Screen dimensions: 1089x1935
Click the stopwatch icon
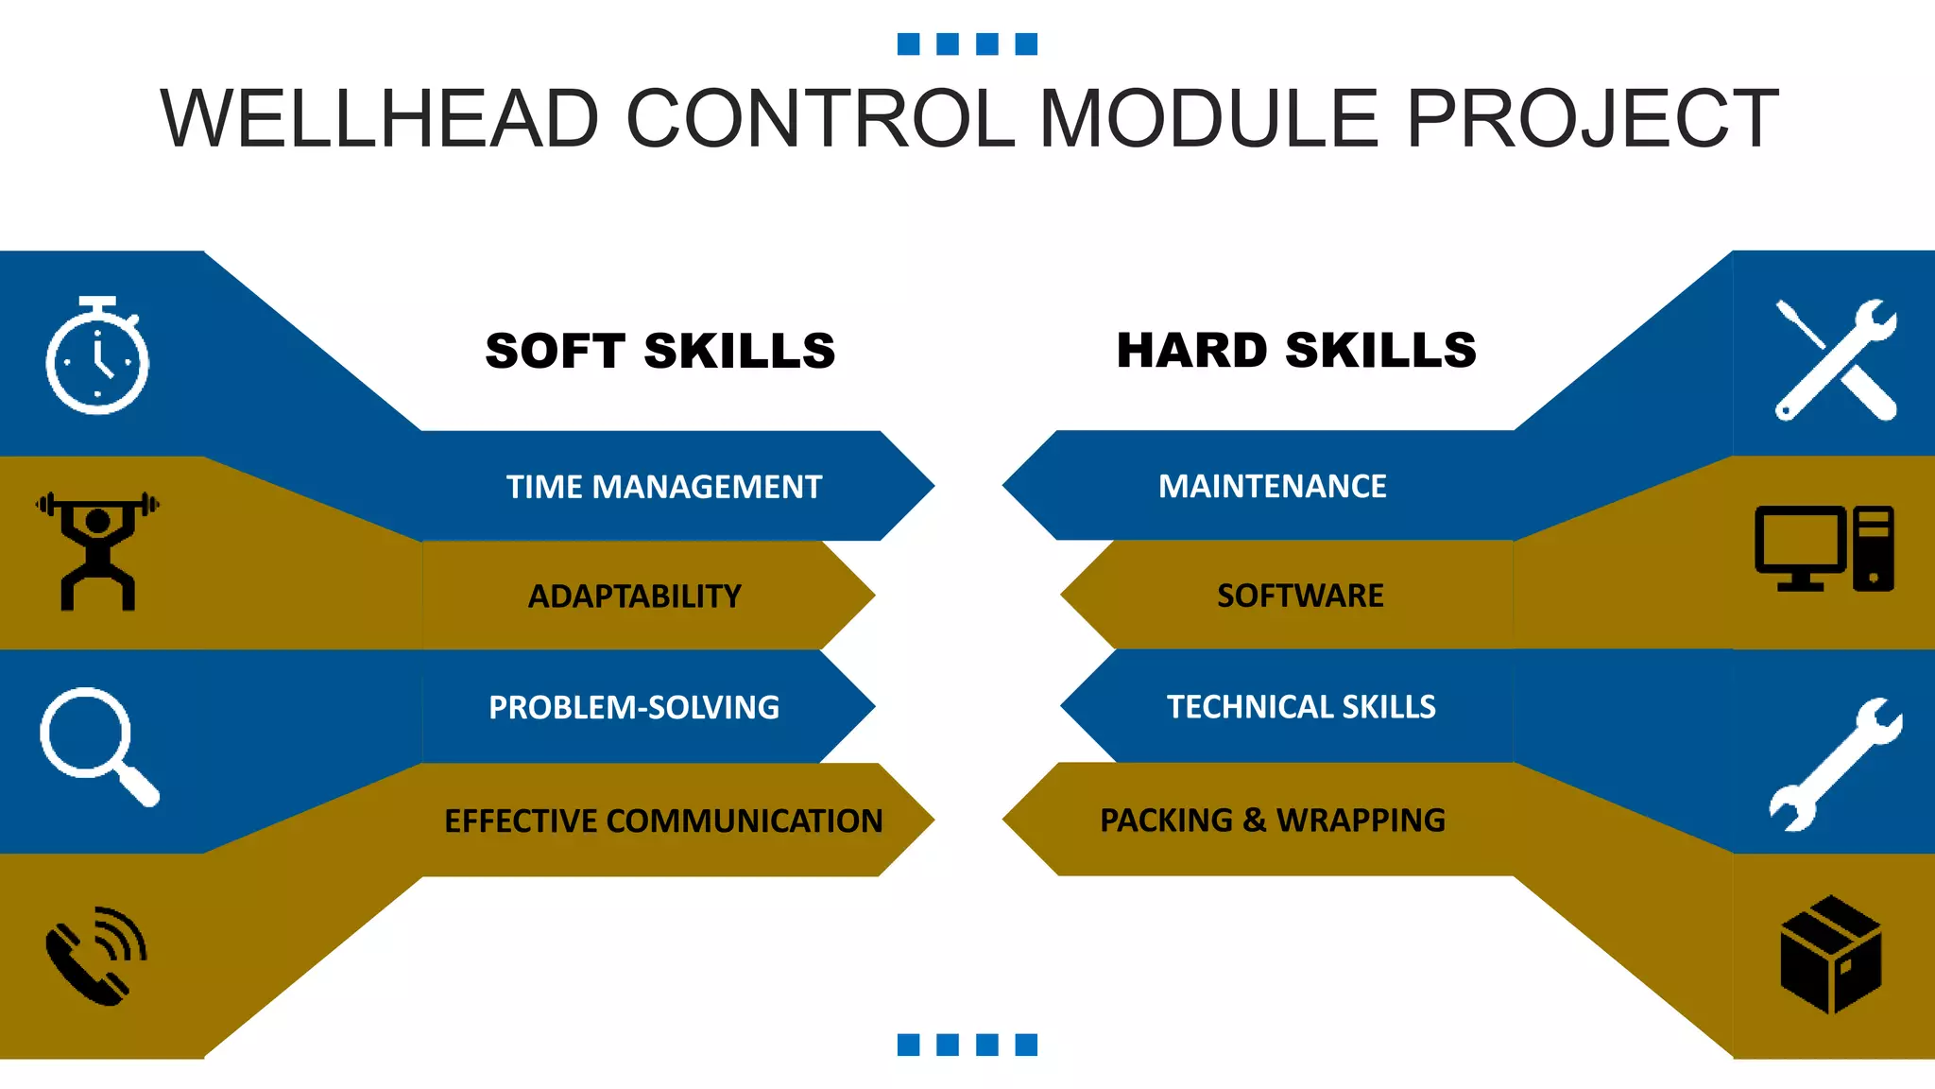[x=97, y=356]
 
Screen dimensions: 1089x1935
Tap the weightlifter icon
[x=97, y=550]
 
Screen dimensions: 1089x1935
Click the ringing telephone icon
[x=96, y=955]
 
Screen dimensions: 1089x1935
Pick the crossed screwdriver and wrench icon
[x=1835, y=359]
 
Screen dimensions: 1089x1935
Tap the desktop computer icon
[x=1824, y=548]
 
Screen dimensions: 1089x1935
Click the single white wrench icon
[x=1835, y=765]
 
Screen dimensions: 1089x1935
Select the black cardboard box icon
[x=1830, y=954]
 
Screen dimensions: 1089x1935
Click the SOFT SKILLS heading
[x=659, y=351]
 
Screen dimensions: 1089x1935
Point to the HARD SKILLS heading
[x=1295, y=350]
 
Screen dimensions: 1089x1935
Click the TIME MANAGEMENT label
[x=663, y=487]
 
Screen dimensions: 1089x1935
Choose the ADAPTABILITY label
[x=634, y=596]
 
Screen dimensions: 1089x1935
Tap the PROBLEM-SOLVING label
[x=633, y=707]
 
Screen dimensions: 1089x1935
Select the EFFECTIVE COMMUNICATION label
[x=663, y=821]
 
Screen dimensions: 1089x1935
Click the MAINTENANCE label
[x=1272, y=486]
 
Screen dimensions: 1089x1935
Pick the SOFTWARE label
[x=1299, y=596]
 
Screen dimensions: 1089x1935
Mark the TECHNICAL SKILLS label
[x=1300, y=706]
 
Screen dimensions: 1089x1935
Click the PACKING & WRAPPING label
[x=1272, y=820]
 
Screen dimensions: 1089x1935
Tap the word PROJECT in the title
[x=1592, y=119]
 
